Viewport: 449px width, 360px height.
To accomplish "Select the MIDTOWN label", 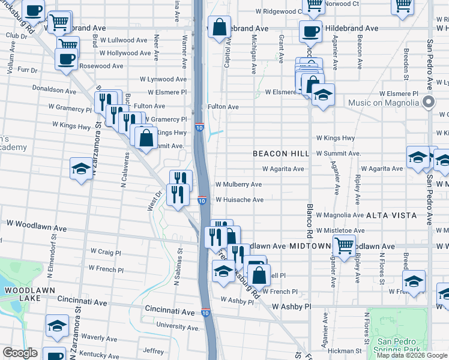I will (310, 246).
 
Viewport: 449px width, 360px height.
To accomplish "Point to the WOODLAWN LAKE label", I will (22, 294).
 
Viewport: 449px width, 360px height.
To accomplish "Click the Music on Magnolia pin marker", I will (428, 102).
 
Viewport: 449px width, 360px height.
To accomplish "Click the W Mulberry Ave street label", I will (238, 184).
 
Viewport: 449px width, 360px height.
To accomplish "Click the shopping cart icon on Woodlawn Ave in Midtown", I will (344, 245).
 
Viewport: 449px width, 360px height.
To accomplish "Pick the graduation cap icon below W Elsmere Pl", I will (324, 95).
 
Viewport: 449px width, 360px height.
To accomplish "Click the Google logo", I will (20, 353).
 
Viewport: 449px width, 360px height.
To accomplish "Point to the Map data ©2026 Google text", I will (412, 355).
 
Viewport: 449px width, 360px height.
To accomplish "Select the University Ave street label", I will (176, 325).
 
